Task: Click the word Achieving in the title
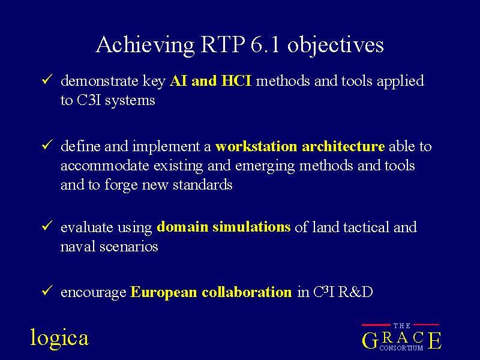pos(145,46)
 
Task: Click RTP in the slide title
pos(223,44)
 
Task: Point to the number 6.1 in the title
pos(265,44)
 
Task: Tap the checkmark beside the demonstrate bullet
pos(47,79)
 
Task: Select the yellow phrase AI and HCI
pos(211,81)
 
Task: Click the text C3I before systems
pos(89,100)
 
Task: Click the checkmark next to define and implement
pos(47,145)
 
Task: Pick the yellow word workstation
pos(256,146)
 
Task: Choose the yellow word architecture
pos(343,146)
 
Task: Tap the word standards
pos(202,185)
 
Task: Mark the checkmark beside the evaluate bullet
pos(47,226)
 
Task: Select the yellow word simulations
pos(251,227)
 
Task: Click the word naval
pos(78,247)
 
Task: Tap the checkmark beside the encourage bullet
pos(47,290)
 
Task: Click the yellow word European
pos(163,292)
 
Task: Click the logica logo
pos(59,338)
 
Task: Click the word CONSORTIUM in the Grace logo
pos(401,348)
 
